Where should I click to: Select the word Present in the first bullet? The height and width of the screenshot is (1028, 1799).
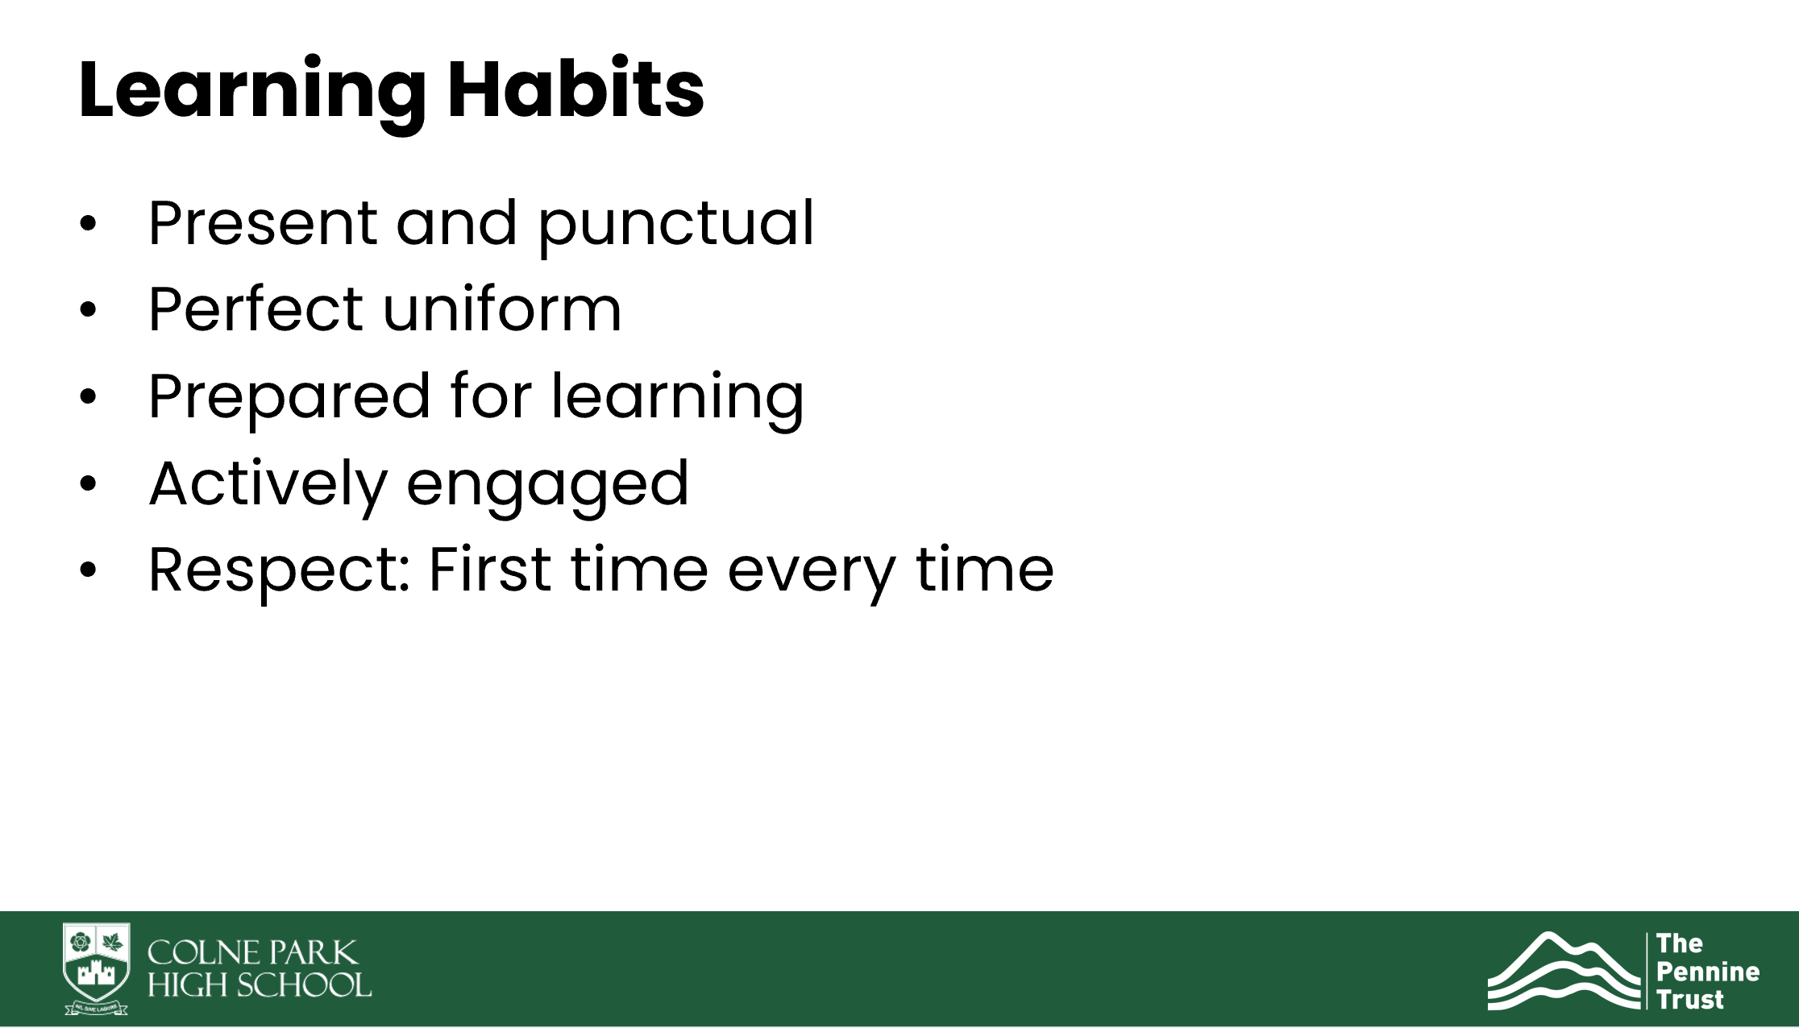point(263,223)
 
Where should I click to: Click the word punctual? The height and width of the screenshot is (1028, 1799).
point(676,225)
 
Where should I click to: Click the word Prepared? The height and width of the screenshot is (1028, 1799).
point(289,397)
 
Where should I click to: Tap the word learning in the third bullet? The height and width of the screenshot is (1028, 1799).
point(677,397)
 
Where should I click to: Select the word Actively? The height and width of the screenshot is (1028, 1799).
point(268,484)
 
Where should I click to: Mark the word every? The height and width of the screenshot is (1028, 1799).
point(812,574)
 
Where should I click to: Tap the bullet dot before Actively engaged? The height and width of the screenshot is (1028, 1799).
point(88,484)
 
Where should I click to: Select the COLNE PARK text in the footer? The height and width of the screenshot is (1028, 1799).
point(252,953)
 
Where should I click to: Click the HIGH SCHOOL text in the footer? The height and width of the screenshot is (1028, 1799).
point(260,984)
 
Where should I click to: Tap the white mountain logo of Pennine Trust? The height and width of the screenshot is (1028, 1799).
point(1564,970)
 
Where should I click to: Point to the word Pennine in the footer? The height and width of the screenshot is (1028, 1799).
point(1708,972)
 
